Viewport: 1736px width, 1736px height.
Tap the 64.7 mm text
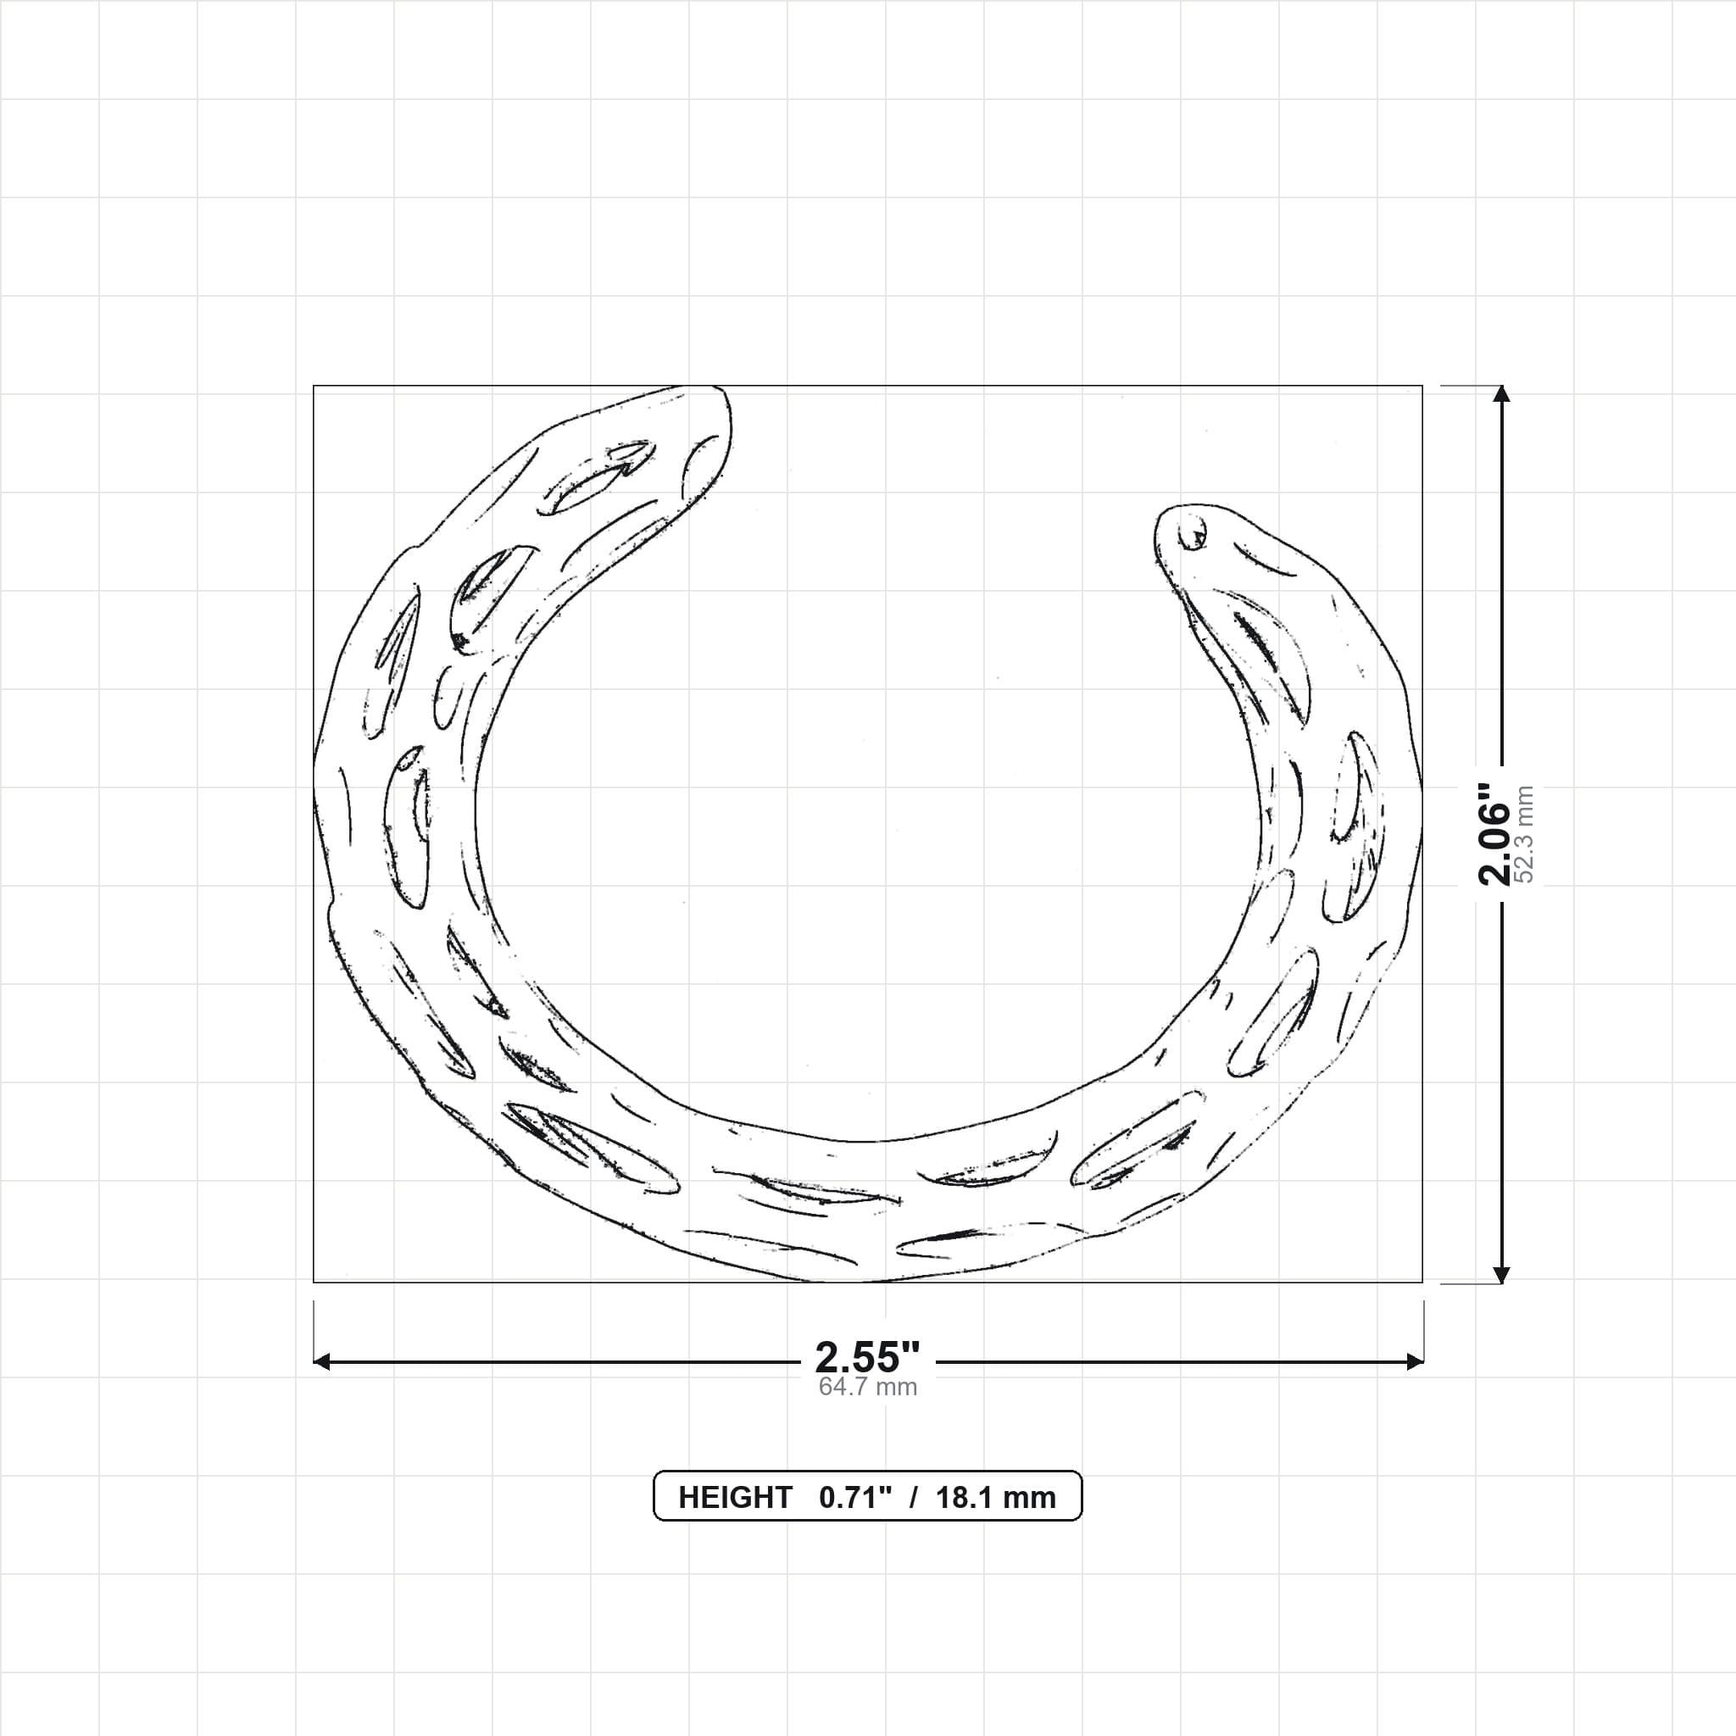tap(867, 1388)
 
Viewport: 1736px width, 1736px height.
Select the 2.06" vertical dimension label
tap(1495, 833)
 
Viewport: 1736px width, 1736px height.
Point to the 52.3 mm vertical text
tap(1524, 833)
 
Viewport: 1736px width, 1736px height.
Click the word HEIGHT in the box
tap(735, 1498)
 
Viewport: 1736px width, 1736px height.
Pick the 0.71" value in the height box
tap(855, 1497)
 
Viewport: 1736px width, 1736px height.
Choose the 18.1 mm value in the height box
tap(996, 1498)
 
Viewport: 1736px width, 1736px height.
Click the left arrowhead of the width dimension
tap(321, 1362)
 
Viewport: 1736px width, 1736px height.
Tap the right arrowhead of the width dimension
tap(1415, 1362)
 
